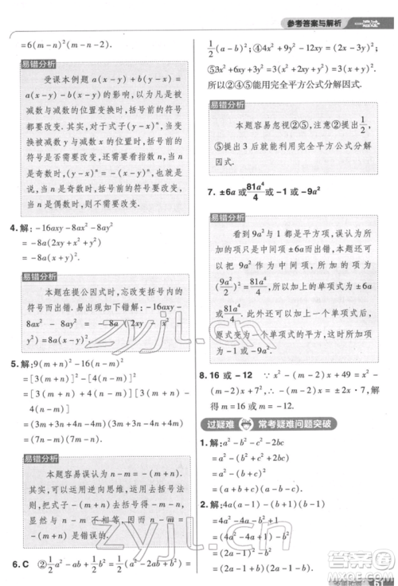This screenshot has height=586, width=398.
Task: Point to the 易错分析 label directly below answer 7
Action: point(228,217)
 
